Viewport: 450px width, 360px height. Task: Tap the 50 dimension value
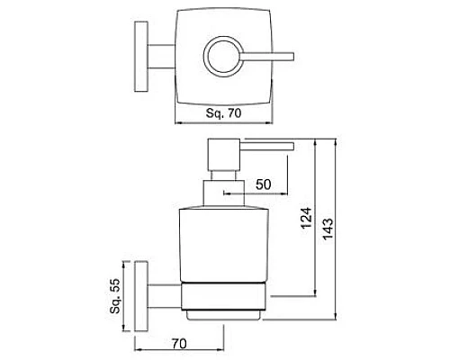click(x=264, y=184)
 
